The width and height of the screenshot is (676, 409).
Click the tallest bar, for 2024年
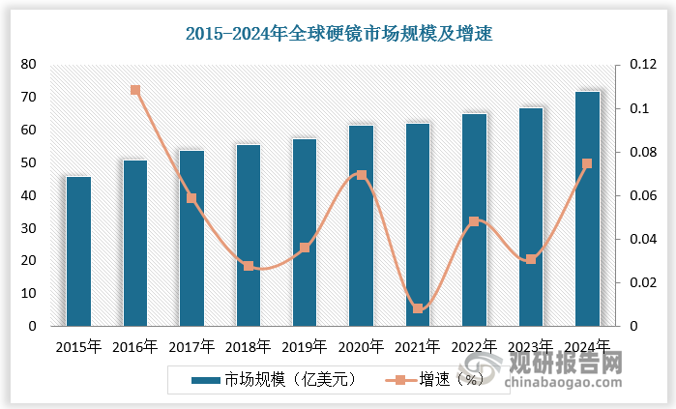[587, 209]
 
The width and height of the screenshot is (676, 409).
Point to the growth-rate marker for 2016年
[135, 90]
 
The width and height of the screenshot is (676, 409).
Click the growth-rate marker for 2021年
[418, 308]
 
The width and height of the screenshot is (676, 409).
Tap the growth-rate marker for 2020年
[362, 175]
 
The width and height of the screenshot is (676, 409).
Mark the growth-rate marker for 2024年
[587, 163]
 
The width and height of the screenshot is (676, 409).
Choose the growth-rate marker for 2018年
[249, 266]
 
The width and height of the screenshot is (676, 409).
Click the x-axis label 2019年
[305, 346]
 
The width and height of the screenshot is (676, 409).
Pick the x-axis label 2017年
[191, 346]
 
